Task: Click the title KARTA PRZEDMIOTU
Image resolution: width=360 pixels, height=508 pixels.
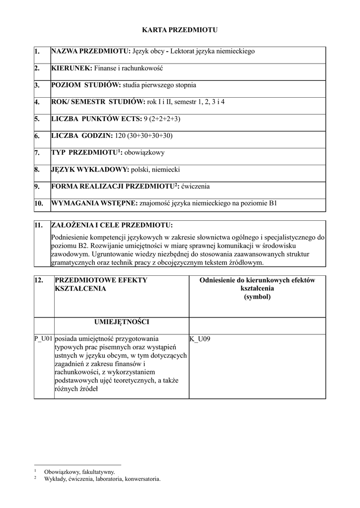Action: pyautogui.click(x=180, y=30)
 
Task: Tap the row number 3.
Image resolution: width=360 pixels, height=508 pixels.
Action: pyautogui.click(x=37, y=85)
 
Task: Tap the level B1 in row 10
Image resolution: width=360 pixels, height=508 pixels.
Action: pyautogui.click(x=272, y=203)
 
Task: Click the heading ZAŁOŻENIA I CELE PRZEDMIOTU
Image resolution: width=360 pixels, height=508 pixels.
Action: pyautogui.click(x=112, y=225)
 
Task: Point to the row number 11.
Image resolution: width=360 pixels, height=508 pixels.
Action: pyautogui.click(x=39, y=225)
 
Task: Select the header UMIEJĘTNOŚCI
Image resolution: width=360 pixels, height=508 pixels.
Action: pyautogui.click(x=121, y=321)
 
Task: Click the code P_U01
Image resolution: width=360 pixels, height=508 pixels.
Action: pyautogui.click(x=43, y=339)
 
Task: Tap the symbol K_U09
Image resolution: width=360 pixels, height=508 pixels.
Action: pyautogui.click(x=200, y=339)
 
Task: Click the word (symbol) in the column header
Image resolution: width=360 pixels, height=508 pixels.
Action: pyautogui.click(x=257, y=297)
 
